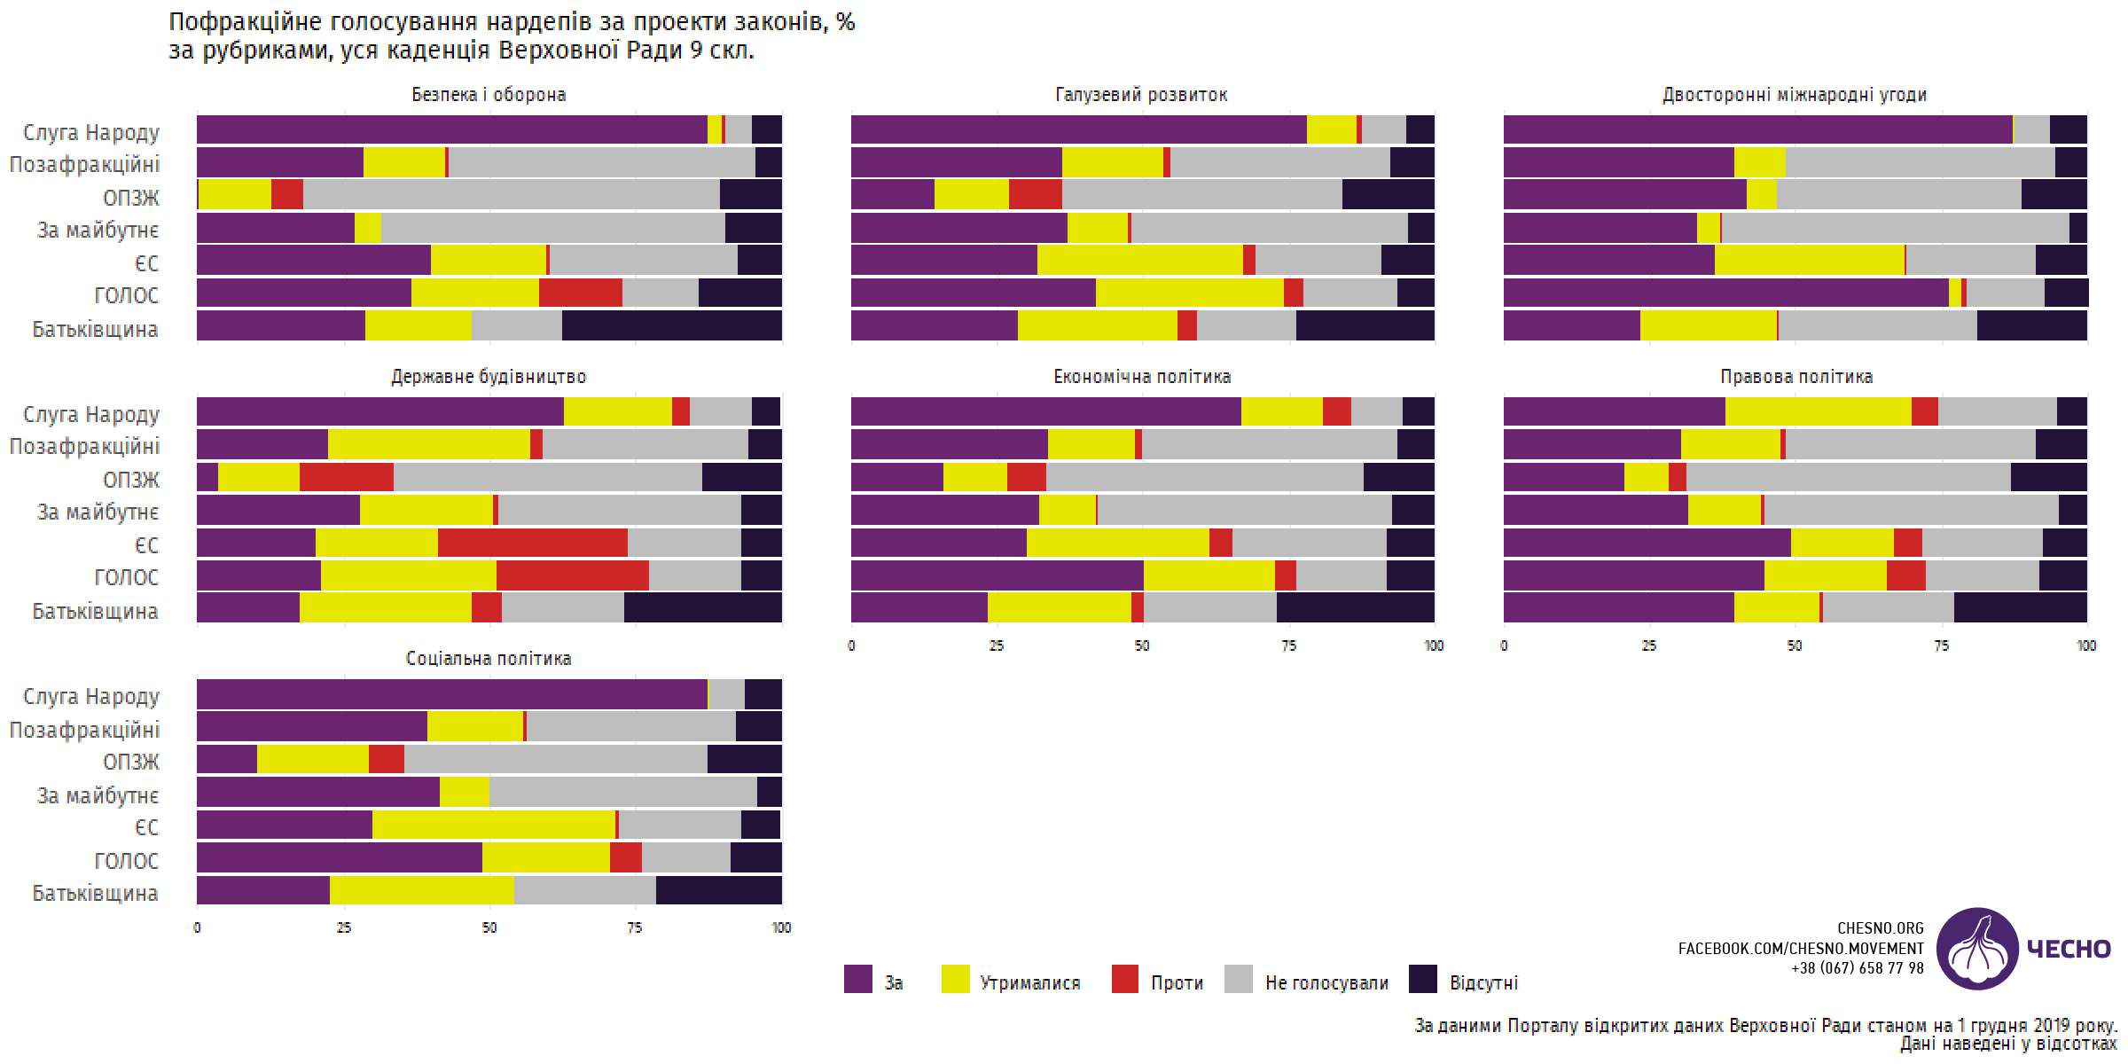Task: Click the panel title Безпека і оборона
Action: coord(489,95)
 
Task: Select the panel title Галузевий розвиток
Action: coord(1141,95)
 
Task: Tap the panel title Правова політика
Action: coord(1796,377)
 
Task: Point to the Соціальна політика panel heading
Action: coord(489,659)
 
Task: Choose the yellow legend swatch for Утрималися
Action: coord(955,979)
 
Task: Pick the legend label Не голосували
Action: coord(1326,983)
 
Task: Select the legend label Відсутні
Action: coord(1483,983)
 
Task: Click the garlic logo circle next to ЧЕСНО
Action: coord(1977,949)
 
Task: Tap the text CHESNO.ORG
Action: coord(1881,928)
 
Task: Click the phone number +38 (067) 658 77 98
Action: coord(1857,968)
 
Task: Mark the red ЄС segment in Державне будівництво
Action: coord(532,544)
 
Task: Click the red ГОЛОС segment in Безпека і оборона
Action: coord(580,293)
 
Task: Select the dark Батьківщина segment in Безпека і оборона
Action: coord(671,326)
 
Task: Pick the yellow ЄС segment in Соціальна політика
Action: coord(493,825)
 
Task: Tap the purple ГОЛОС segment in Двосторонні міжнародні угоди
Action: coord(1725,293)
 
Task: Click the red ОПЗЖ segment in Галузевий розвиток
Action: coord(1035,194)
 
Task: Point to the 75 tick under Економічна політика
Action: coord(1288,646)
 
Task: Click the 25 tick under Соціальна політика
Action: coord(343,928)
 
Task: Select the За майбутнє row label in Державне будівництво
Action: coord(98,512)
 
